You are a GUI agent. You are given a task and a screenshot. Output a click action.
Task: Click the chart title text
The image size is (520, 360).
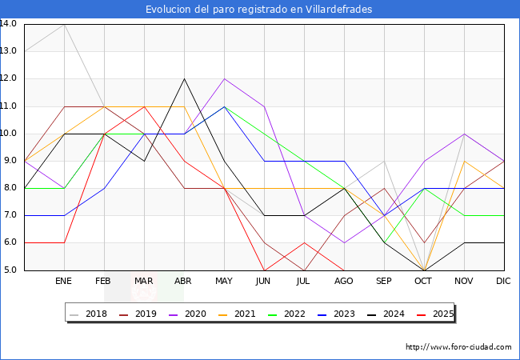point(259,10)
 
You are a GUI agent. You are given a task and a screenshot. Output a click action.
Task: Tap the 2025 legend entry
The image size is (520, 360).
point(442,314)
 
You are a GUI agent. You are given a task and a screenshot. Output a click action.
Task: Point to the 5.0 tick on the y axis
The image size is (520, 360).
point(11,270)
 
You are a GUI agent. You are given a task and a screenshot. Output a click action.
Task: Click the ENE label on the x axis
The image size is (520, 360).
point(64,282)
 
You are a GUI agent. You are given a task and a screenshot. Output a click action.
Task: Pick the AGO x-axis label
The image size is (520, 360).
point(344,282)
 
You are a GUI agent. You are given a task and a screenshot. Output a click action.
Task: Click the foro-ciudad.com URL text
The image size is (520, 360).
point(458,347)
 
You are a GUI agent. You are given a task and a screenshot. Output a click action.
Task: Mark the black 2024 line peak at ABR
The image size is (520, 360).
point(185,78)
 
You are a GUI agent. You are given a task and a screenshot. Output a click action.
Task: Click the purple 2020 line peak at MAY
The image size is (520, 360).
point(225,78)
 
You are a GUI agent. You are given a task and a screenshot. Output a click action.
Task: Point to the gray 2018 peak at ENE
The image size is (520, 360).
point(64,24)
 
